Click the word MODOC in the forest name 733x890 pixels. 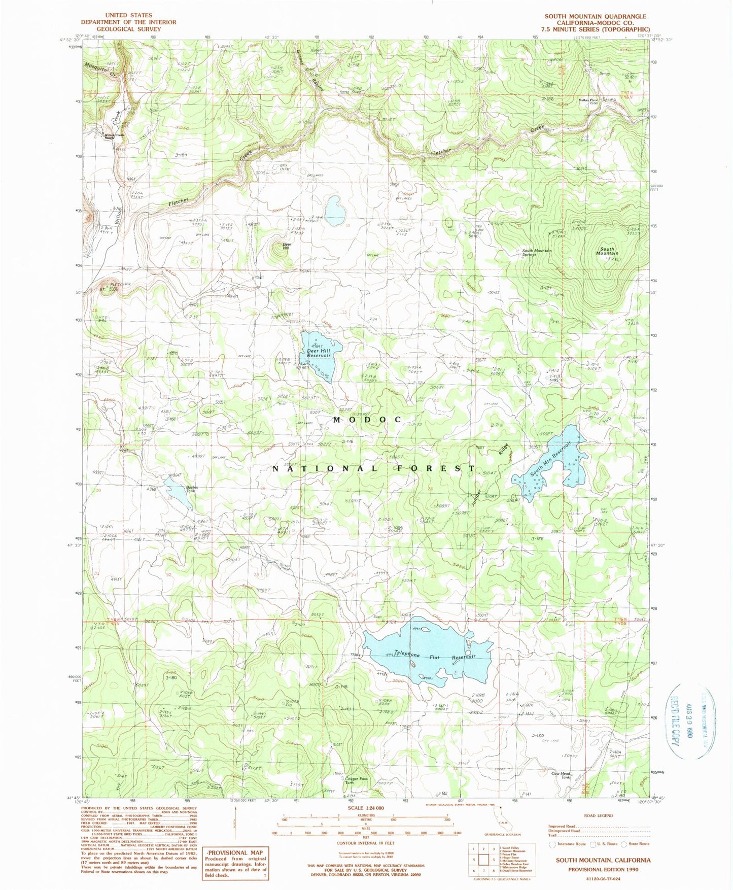point(367,420)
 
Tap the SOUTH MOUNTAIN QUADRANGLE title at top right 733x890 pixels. point(595,16)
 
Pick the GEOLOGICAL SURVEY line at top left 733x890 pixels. point(128,29)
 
